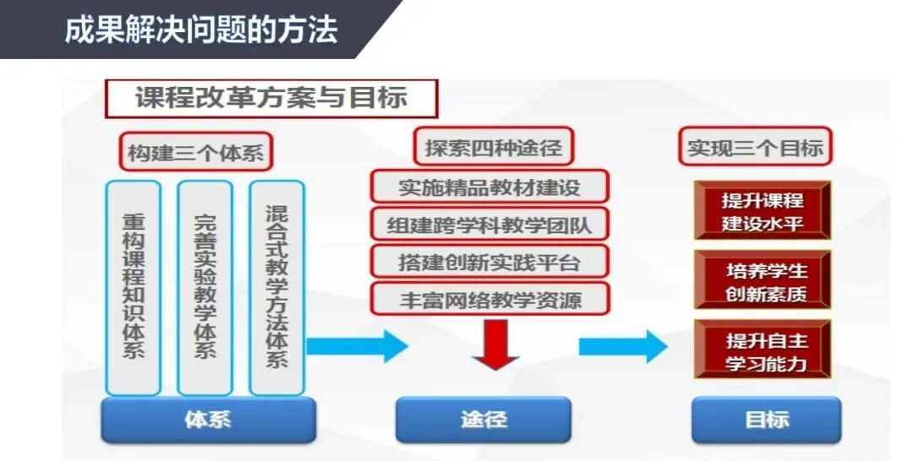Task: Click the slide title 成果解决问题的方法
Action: (x=201, y=30)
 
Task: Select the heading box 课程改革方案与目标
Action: (x=271, y=99)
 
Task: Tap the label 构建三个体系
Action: (x=196, y=153)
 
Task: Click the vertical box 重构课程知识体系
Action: (x=133, y=287)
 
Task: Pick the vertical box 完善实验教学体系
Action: (x=204, y=287)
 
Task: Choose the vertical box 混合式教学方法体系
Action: (x=276, y=287)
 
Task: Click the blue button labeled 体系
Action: (x=208, y=420)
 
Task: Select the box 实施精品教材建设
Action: (x=490, y=187)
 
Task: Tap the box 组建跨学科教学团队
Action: (x=490, y=225)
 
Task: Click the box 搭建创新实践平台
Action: (x=490, y=262)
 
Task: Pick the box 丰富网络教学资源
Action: (x=490, y=299)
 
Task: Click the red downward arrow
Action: (x=495, y=345)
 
